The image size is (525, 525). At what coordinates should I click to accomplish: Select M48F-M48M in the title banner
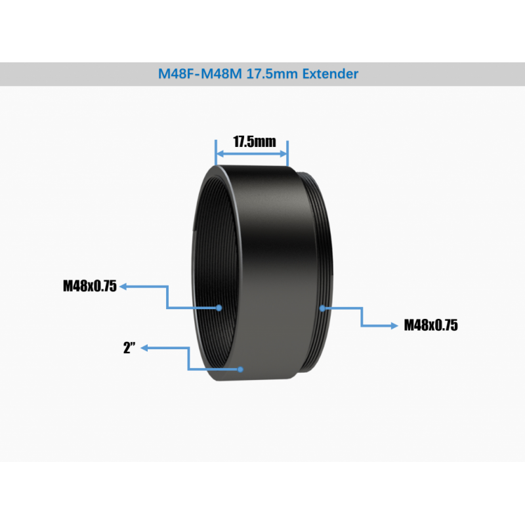[x=199, y=74]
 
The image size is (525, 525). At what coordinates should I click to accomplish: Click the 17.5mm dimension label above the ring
[x=252, y=141]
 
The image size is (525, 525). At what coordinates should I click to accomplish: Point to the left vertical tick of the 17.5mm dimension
[x=216, y=153]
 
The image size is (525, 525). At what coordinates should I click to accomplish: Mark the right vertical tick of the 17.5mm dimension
[x=287, y=153]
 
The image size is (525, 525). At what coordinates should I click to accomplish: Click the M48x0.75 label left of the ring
[x=89, y=286]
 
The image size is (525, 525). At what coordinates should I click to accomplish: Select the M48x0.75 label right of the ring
[x=430, y=325]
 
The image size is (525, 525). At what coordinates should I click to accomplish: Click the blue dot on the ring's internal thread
[x=219, y=307]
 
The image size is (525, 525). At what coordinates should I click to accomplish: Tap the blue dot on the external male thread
[x=322, y=307]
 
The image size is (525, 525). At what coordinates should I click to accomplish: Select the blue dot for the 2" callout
[x=241, y=369]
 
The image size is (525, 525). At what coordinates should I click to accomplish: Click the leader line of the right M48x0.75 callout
[x=362, y=316]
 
